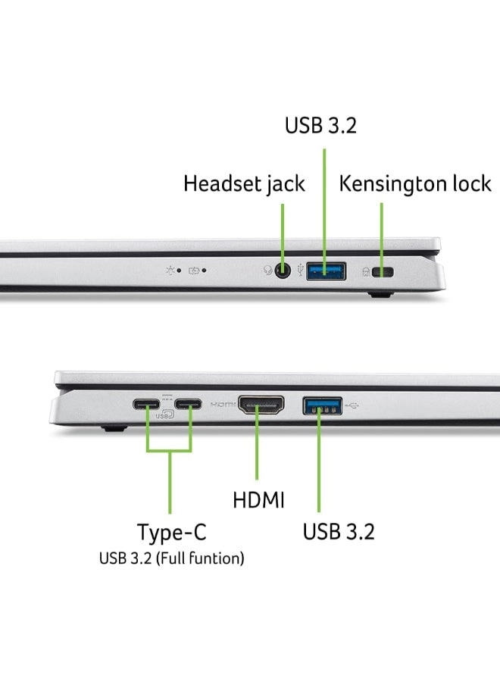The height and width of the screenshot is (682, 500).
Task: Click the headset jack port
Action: point(283,271)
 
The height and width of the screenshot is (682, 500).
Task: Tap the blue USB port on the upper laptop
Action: point(327,270)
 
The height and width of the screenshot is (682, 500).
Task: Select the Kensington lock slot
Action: point(386,271)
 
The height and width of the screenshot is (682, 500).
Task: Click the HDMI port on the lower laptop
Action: point(261,405)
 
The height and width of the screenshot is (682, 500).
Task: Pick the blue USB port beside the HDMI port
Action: point(322,405)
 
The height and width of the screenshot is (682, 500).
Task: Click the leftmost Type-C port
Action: point(146,404)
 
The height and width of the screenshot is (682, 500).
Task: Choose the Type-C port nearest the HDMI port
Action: point(188,404)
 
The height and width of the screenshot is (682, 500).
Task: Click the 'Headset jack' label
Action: point(244,183)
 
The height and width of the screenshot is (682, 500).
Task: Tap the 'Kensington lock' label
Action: point(415,183)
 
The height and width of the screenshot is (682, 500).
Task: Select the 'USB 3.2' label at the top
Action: point(320,125)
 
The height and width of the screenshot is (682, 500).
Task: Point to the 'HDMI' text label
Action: point(258,500)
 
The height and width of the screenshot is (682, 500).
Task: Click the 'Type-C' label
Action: point(171,532)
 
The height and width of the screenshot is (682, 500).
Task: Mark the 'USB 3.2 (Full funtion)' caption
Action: point(171,559)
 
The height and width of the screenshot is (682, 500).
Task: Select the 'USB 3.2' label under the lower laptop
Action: point(339,532)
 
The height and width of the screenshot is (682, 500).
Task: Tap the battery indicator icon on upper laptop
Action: point(195,270)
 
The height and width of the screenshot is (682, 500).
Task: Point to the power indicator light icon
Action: point(170,270)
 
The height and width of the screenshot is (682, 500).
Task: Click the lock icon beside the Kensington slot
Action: point(367,271)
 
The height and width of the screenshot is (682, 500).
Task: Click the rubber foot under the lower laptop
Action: point(113,429)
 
